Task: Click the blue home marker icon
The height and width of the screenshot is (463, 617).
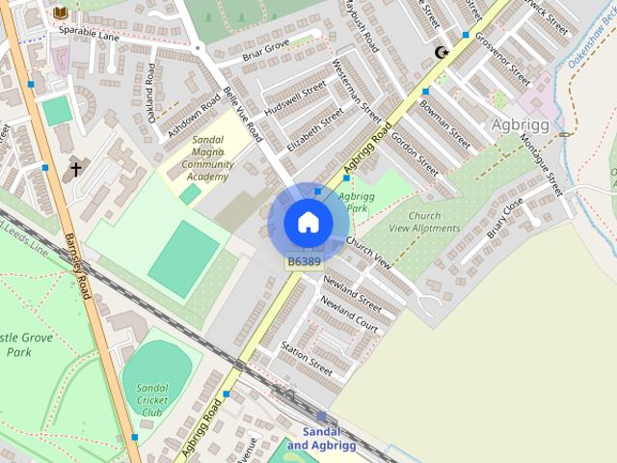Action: point(307,222)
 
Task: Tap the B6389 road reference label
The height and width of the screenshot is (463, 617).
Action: point(304,260)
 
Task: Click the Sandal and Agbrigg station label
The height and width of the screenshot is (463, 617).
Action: point(321,438)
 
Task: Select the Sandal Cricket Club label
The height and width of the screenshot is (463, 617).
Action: point(152,400)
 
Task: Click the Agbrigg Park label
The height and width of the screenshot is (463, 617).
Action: point(357,203)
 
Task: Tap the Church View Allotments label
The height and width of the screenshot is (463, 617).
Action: point(424,222)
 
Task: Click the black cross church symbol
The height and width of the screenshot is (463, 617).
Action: point(75,170)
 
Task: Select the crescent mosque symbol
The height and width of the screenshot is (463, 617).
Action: point(442,52)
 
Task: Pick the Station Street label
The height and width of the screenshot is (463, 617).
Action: point(307,358)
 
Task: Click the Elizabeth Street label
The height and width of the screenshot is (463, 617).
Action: point(314,130)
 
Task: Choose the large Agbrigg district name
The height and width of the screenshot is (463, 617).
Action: point(520,125)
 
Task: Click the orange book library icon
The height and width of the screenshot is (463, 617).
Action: point(61,12)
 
